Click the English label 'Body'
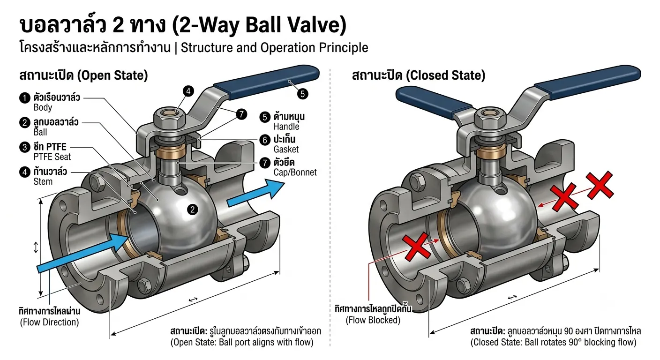[43, 107]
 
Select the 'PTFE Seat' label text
[52, 157]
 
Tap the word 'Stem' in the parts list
[43, 181]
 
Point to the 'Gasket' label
[286, 150]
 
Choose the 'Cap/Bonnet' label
[295, 172]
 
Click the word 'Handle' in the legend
[286, 127]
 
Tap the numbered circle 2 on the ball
[192, 210]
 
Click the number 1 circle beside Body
[25, 98]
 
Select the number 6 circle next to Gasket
[265, 140]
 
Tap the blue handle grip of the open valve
[266, 82]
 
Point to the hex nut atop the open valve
[169, 119]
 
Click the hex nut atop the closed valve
[490, 119]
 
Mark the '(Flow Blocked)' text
[373, 320]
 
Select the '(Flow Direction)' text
[50, 322]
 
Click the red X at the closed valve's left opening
[417, 247]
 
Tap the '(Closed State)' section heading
[445, 75]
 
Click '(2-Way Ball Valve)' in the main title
[258, 25]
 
